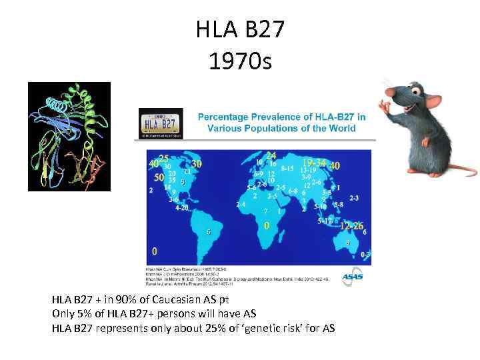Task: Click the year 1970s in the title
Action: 239,62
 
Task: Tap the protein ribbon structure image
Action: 69,136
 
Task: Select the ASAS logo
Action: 353,276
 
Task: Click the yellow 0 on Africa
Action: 267,227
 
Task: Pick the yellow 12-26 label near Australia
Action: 350,226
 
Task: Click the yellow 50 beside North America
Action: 159,178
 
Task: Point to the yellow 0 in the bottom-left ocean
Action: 155,251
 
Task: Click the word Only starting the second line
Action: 64,314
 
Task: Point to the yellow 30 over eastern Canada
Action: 197,163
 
